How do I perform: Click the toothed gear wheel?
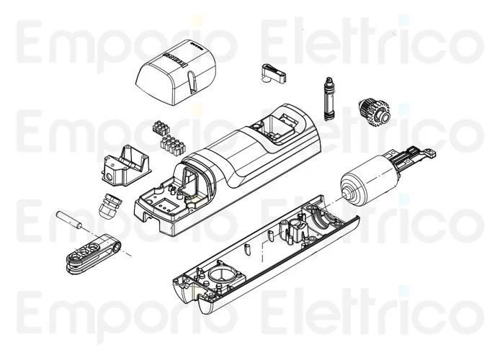click(375, 111)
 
